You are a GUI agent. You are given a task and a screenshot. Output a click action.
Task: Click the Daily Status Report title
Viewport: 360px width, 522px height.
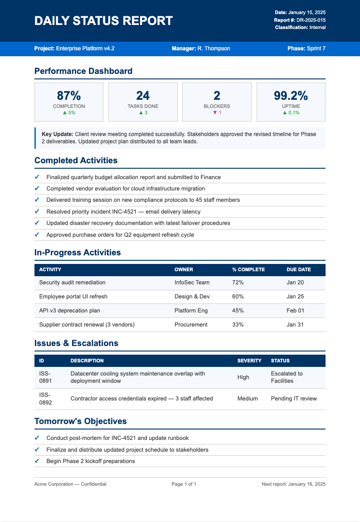point(103,21)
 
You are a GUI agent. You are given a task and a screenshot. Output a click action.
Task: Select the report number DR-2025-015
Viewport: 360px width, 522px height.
point(311,20)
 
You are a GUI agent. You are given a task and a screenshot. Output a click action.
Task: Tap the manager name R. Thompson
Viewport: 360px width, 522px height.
point(214,49)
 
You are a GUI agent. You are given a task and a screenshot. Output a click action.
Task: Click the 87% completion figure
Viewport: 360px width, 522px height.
point(69,96)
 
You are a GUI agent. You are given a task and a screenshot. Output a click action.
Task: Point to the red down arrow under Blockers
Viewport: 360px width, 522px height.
point(215,113)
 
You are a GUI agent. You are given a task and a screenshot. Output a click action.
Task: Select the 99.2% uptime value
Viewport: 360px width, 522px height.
point(291,96)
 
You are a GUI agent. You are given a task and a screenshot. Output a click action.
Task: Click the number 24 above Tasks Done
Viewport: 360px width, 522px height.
point(143,96)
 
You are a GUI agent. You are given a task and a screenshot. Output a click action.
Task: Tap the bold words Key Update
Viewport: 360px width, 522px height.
point(57,134)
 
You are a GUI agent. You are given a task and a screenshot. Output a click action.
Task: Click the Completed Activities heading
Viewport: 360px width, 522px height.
point(76,161)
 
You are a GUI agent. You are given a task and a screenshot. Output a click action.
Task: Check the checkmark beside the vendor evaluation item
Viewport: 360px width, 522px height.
point(37,188)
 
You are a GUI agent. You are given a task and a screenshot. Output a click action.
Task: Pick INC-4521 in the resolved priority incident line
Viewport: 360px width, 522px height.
point(125,212)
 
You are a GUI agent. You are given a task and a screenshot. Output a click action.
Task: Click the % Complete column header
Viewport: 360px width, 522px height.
point(248,269)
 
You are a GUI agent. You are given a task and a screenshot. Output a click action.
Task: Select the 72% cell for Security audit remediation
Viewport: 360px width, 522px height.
point(238,283)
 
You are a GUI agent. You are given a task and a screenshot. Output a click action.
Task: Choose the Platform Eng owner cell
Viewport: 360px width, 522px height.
point(191,311)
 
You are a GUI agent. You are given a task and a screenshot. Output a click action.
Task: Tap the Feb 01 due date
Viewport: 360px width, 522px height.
point(295,311)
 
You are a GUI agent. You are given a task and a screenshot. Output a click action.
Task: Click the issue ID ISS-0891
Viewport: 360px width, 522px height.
point(45,377)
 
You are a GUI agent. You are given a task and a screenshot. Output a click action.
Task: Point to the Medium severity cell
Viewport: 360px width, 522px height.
point(248,399)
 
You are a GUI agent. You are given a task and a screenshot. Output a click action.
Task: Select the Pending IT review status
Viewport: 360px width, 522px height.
point(294,399)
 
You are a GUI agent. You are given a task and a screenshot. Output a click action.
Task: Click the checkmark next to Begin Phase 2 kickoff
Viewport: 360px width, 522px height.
point(37,461)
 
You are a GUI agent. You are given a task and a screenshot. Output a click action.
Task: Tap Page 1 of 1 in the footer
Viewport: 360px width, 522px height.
point(184,484)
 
